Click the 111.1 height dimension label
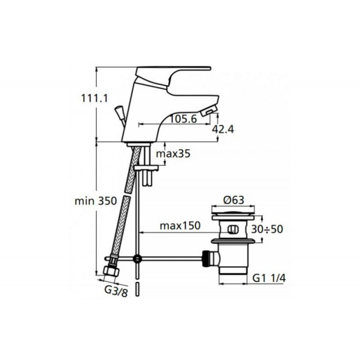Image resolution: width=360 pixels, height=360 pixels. click(94, 99)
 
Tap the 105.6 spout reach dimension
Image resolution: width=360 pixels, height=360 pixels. click(183, 119)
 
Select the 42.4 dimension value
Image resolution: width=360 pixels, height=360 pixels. click(223, 129)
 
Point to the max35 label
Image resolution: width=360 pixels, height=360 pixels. click(173, 154)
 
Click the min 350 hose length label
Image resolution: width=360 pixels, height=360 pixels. click(96, 201)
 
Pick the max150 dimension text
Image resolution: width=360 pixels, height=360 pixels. click(180, 226)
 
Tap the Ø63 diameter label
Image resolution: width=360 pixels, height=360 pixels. click(233, 200)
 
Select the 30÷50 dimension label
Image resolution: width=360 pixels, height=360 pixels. click(267, 229)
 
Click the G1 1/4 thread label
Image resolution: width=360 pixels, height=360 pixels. click(269, 278)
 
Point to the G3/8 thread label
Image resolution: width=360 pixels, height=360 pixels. click(116, 291)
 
